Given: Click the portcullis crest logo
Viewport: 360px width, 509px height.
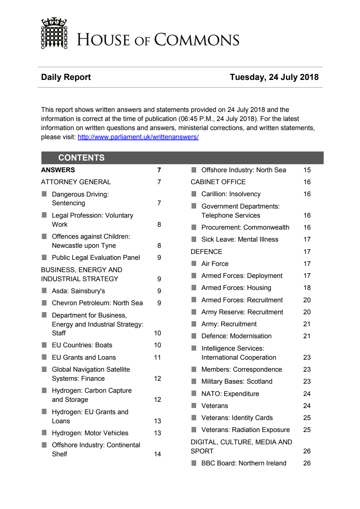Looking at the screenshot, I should click(54, 33).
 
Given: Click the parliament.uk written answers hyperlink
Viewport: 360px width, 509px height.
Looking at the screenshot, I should click(138, 137).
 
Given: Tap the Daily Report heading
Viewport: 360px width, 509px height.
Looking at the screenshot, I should click(66, 77).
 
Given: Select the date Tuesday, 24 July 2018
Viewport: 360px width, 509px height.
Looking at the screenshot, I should click(274, 77).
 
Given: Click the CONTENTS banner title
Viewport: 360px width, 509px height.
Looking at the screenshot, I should click(81, 158).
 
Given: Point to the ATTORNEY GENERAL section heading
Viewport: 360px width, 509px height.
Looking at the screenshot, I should click(76, 182).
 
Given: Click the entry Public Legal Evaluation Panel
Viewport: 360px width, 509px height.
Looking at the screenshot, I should click(96, 258).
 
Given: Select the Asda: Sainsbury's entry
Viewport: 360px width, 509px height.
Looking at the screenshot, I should click(78, 291).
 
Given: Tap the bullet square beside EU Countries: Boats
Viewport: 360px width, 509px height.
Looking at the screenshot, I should click(44, 345).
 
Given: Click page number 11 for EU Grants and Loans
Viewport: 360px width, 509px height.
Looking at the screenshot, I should click(157, 357).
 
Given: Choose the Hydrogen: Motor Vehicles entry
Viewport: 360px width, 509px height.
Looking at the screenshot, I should click(90, 433).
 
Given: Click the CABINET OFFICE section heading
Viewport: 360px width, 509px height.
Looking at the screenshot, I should click(218, 182).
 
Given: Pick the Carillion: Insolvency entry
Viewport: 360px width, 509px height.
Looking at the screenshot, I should click(231, 194).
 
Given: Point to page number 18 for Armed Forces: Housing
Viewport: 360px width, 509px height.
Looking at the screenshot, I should click(307, 288).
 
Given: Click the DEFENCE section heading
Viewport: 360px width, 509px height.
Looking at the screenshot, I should click(206, 252).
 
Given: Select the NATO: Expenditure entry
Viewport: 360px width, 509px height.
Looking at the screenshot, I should click(230, 394).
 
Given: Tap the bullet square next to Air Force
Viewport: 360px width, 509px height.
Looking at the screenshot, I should click(194, 263).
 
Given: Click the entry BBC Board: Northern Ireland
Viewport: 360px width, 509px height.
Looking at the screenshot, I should click(244, 463).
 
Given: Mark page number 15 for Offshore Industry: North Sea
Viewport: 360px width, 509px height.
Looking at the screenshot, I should click(307, 170).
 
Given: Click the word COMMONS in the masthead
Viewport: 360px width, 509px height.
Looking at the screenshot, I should click(197, 40).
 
